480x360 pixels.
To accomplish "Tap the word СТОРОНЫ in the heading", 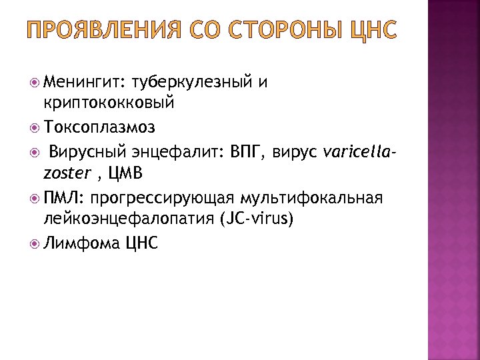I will [283, 30].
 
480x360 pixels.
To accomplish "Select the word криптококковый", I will [108, 103].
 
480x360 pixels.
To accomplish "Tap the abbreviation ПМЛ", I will [64, 197].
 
